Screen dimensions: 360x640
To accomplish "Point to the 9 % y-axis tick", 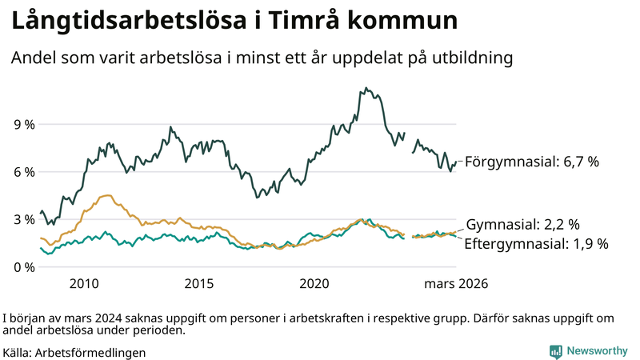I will click(x=23, y=125).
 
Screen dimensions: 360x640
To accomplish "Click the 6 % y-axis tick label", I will click(x=23, y=172).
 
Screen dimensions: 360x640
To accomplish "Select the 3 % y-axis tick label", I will click(x=23, y=219).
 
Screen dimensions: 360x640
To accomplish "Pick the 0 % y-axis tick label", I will click(x=23, y=266).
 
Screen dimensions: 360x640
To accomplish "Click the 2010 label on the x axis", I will click(x=84, y=284).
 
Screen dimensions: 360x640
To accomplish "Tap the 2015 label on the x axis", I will click(x=199, y=284).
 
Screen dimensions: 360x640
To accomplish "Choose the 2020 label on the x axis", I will click(x=314, y=284).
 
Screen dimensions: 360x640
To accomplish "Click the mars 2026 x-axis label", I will click(x=456, y=284).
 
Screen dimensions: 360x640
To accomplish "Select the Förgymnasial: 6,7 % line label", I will click(x=532, y=162).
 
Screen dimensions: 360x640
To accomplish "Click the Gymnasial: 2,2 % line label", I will click(x=522, y=225).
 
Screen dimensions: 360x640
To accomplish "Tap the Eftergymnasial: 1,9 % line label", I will click(x=536, y=243).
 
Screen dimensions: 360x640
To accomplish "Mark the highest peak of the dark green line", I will click(x=366, y=88).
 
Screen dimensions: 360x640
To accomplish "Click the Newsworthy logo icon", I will click(x=555, y=351).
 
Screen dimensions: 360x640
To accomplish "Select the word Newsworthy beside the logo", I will click(x=597, y=351).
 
